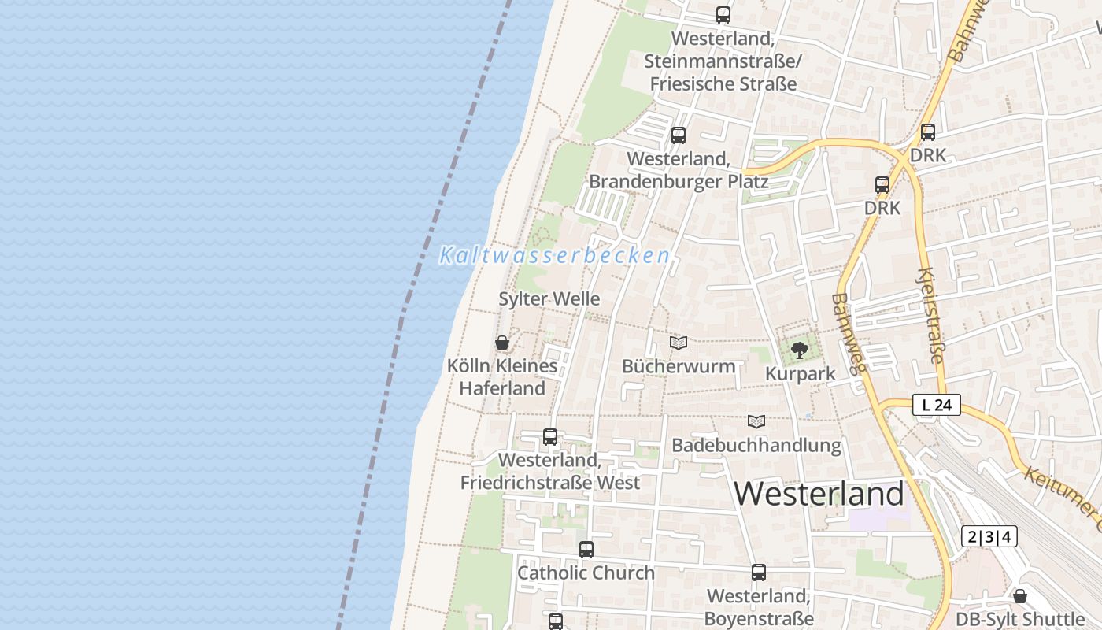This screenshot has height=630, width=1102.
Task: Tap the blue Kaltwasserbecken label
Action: [554, 256]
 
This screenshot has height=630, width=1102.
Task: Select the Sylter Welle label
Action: [549, 299]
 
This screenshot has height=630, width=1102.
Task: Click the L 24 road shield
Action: [937, 406]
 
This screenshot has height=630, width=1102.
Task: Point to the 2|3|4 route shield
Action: [989, 537]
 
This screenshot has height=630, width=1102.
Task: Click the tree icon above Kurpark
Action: [800, 350]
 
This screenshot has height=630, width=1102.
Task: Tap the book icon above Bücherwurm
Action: [679, 343]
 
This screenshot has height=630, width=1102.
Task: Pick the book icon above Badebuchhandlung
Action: [756, 422]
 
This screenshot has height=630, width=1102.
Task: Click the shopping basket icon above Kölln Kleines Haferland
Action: [502, 343]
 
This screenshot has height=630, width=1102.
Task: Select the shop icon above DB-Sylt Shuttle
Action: [1020, 596]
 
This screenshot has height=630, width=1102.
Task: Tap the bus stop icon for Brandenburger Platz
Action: [679, 135]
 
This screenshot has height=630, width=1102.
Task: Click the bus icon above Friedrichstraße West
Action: [550, 436]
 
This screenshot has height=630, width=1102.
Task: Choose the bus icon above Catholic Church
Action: [586, 550]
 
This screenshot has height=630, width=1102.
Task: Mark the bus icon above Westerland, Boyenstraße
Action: [759, 573]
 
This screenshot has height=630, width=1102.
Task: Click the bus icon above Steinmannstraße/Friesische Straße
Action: [723, 15]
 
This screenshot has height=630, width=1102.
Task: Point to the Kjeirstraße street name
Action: [930, 315]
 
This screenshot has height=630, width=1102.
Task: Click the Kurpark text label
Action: [801, 373]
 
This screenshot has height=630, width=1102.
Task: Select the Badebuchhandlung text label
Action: [756, 446]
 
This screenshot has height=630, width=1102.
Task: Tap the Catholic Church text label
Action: [586, 573]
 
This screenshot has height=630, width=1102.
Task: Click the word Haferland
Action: [502, 388]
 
